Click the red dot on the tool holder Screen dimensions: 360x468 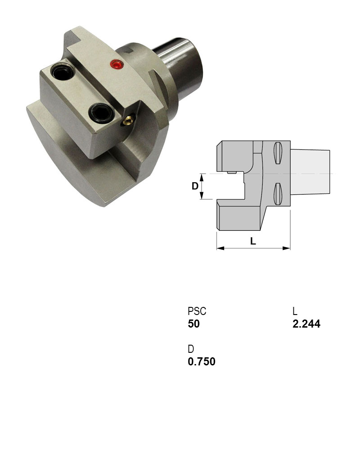pyautogui.click(x=116, y=64)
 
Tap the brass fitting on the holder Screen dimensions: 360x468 pyautogui.click(x=128, y=120)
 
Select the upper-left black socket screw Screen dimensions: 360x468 pyautogui.click(x=63, y=71)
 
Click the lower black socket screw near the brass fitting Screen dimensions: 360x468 pyautogui.click(x=101, y=112)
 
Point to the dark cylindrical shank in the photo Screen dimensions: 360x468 pyautogui.click(x=180, y=67)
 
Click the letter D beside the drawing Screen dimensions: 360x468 pyautogui.click(x=195, y=186)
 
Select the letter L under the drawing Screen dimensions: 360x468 pyautogui.click(x=253, y=241)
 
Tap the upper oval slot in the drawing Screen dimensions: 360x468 pyautogui.click(x=278, y=153)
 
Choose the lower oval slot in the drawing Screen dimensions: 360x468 pyautogui.click(x=278, y=193)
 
